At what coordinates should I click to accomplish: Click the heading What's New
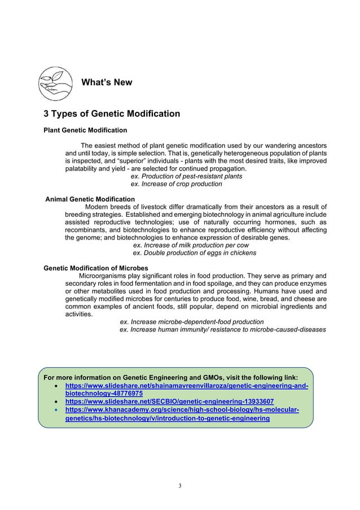[107, 83]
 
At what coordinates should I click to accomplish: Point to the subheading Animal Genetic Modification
[90, 199]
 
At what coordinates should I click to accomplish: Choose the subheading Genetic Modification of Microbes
[96, 268]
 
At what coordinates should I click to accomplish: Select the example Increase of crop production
[176, 184]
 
